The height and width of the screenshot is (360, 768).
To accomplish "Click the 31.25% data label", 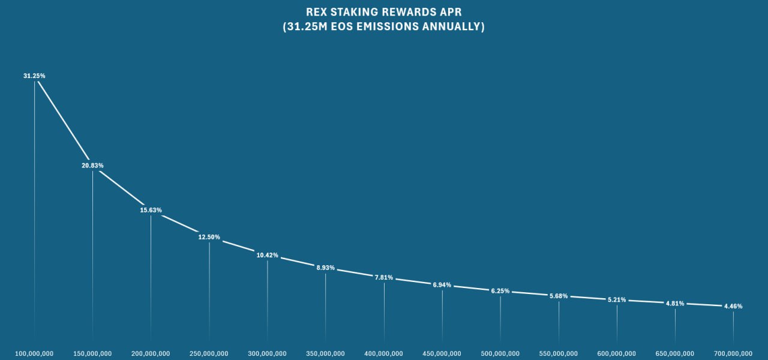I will [34, 76].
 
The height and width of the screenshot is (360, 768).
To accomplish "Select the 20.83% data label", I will [92, 166].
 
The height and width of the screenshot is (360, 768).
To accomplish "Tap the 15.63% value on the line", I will [151, 211].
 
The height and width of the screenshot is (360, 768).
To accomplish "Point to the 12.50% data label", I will [209, 238].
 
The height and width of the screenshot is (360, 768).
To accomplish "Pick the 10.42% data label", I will [267, 256].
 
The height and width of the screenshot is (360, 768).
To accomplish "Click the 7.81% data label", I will [384, 278].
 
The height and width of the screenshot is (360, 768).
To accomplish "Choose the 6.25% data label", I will [500, 291].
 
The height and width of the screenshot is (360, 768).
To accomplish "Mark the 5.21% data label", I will [617, 300].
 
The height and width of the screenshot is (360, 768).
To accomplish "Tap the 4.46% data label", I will [733, 307].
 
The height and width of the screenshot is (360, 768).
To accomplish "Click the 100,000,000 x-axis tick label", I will [34, 353].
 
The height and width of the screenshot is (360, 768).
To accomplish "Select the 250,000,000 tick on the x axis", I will [209, 353].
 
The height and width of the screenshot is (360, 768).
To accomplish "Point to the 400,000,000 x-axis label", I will [384, 353].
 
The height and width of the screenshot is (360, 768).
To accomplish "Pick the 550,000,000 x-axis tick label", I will [559, 353].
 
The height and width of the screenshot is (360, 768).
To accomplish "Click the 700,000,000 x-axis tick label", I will [733, 353].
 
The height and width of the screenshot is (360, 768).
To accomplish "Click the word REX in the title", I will [317, 12].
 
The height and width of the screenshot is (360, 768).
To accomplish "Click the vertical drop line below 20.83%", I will [92, 252].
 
